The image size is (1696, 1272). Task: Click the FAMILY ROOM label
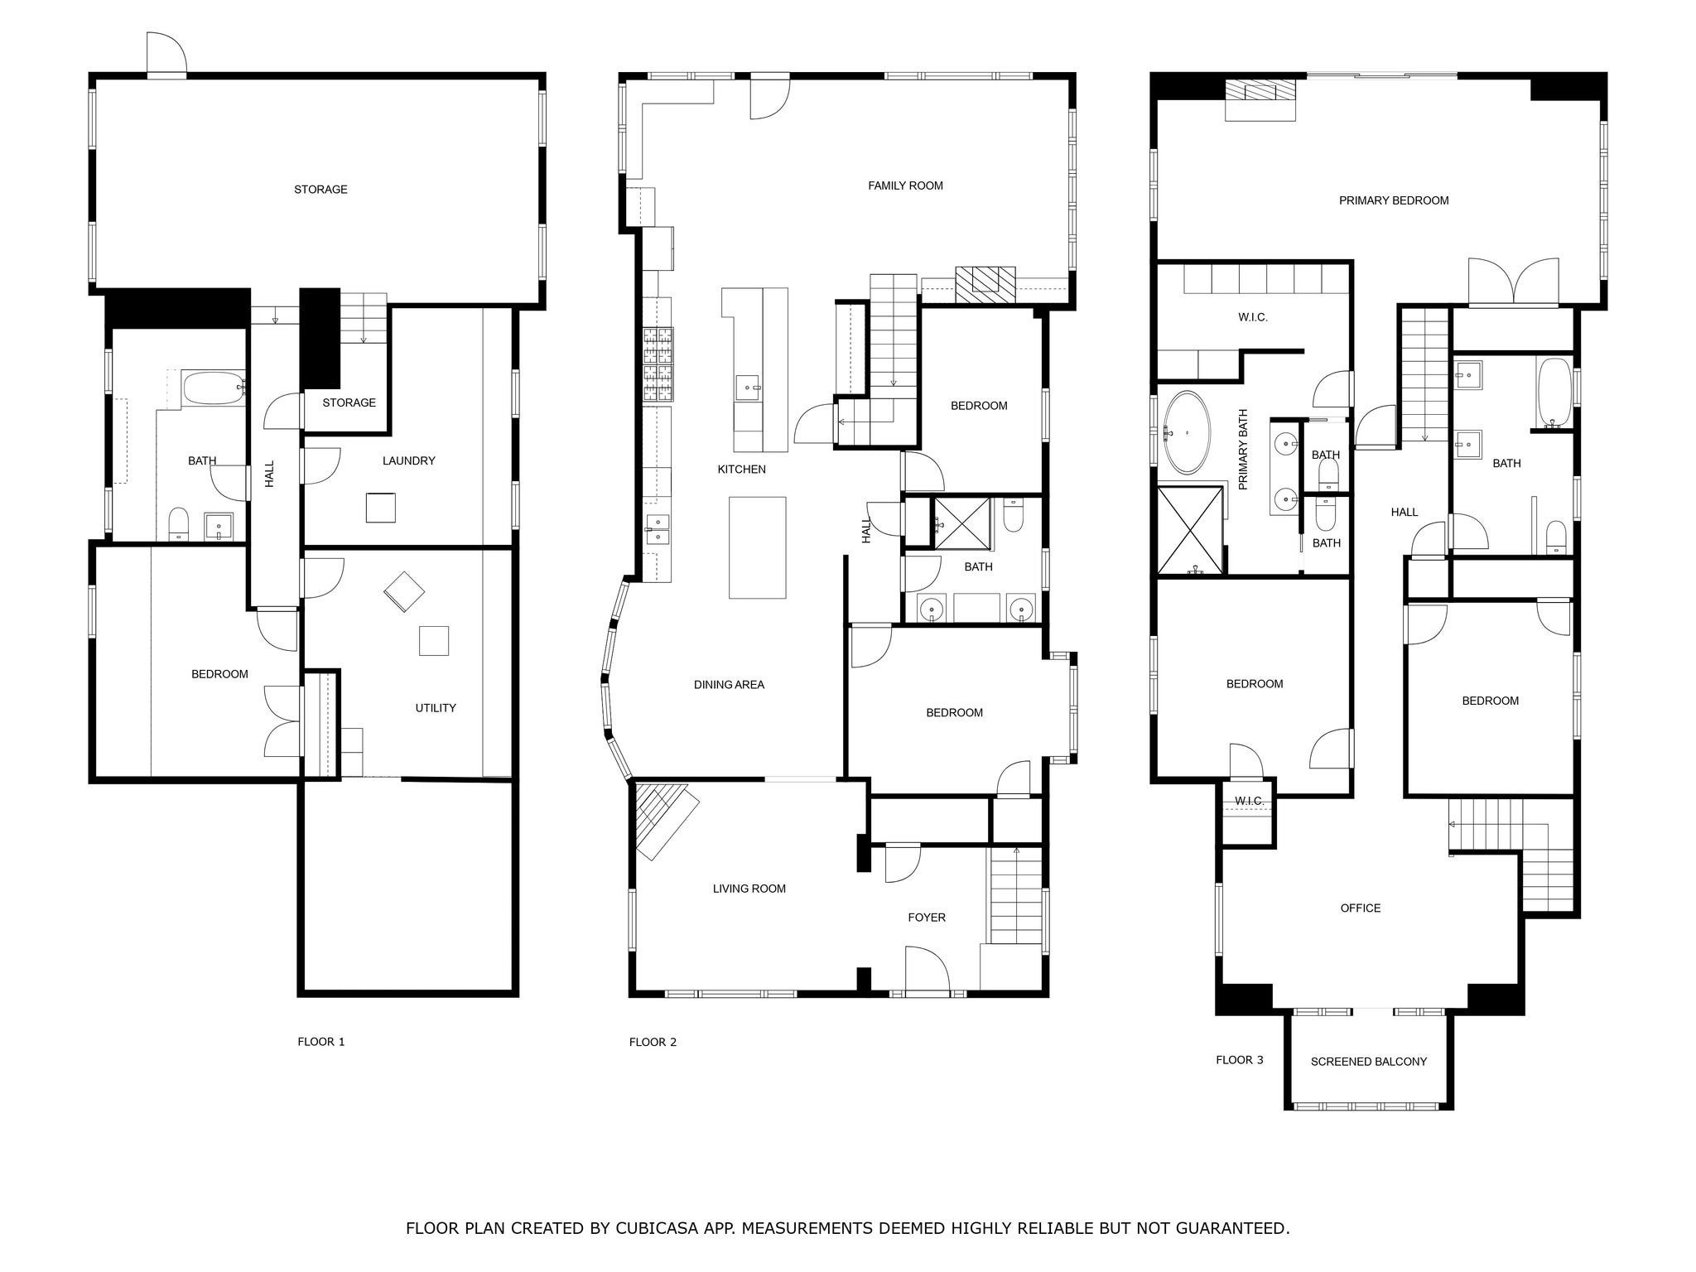(905, 185)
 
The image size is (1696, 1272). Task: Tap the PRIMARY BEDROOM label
(1394, 200)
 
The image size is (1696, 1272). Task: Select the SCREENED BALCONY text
(1368, 1062)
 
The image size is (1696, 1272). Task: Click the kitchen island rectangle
(757, 547)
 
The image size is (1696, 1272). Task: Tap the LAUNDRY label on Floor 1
(408, 460)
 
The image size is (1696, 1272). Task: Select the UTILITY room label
(436, 708)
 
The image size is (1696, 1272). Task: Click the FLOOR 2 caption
(653, 1042)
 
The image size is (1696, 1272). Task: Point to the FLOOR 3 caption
(1239, 1060)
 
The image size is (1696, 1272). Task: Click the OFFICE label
(1361, 908)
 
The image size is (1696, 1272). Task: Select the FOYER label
(926, 918)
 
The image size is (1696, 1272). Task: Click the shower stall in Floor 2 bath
(961, 523)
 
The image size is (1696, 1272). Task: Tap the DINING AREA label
(729, 685)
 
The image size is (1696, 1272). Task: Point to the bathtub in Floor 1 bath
(214, 388)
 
